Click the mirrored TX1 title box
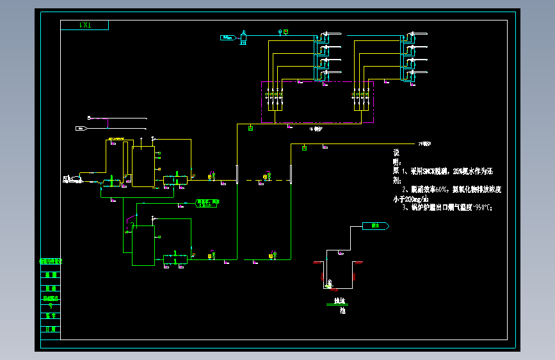84,25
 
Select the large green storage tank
143,245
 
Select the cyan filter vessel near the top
244,37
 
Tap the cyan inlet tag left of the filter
226,38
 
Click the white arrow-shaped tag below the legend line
81,129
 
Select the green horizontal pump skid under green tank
175,259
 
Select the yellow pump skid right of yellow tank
175,179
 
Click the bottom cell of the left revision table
51,329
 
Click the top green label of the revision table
51,261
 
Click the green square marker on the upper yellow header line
250,129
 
